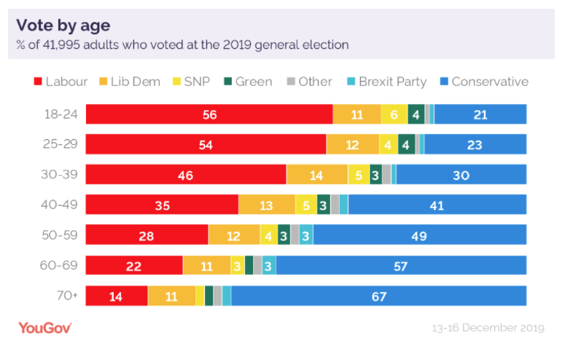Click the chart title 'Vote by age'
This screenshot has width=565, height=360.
pos(63,26)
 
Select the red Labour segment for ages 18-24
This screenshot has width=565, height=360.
pos(209,114)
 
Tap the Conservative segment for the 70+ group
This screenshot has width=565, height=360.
pos(378,295)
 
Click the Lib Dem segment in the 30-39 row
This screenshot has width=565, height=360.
pos(316,175)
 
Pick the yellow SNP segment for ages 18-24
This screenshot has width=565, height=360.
pos(394,114)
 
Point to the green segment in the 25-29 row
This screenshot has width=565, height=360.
pos(407,144)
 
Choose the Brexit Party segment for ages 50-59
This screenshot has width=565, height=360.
pos(306,235)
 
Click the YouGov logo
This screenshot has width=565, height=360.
pos(45,327)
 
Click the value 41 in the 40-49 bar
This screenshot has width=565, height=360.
pos(437,205)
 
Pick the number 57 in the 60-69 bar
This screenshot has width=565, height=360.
pos(400,265)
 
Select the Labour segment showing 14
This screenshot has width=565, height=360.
pos(117,295)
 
